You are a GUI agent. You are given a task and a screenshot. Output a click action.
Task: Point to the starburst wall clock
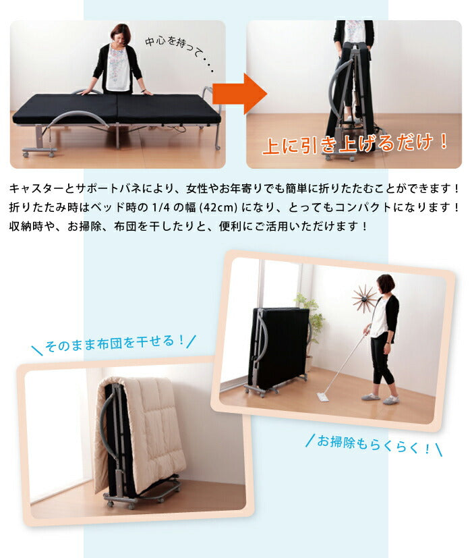[x=365, y=298]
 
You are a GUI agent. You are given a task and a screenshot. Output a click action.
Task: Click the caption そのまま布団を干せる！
[x=115, y=345]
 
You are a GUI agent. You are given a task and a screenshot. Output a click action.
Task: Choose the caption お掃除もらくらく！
[x=373, y=444]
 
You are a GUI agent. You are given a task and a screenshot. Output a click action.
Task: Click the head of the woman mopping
[x=385, y=284]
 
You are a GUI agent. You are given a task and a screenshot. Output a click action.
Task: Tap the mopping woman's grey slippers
[x=380, y=399]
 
